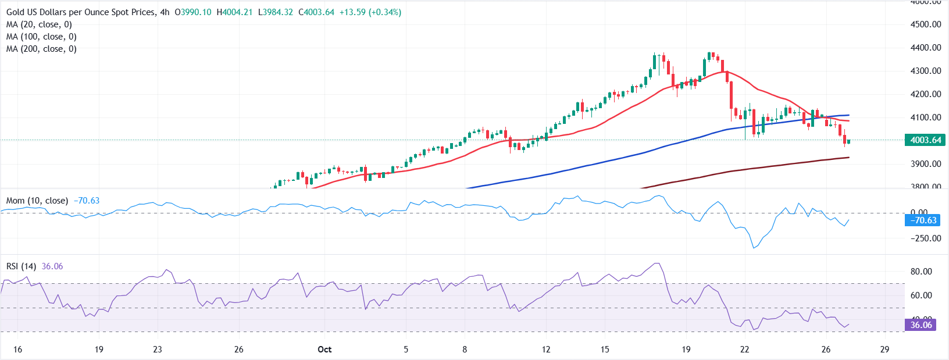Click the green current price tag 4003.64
coord(925,140)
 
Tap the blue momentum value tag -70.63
coord(923,220)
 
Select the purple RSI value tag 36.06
coord(921,325)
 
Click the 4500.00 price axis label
coord(926,24)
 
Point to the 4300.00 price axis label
coord(926,71)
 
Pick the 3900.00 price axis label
coord(926,164)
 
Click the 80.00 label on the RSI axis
coord(921,272)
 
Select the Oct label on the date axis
coord(324,350)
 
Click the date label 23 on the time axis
coord(158,350)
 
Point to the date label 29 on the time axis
coord(884,350)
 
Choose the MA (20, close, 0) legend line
coord(39,24)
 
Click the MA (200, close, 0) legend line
coord(41,49)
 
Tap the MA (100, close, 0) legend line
coord(41,37)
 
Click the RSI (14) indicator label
coord(21,266)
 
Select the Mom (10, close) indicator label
coord(37,201)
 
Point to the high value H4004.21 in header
coord(234,12)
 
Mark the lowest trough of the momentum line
coord(754,248)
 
